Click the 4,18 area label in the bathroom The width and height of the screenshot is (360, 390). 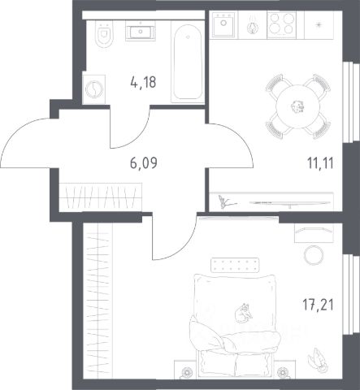pos(143,82)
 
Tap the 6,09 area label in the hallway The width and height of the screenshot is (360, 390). pos(144,163)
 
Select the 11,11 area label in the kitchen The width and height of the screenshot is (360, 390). pos(320,163)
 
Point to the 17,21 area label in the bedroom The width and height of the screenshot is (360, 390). pos(318,305)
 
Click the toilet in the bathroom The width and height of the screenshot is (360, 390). pos(104,33)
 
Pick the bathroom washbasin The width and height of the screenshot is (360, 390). pos(141,32)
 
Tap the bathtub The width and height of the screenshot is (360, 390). pos(188,62)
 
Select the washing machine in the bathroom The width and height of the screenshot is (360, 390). pos(94,89)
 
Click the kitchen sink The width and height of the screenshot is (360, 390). pos(223,24)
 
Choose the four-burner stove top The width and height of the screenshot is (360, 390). pos(281,24)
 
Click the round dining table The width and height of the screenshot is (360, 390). pos(297,106)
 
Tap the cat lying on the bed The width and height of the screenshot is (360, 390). pos(243,314)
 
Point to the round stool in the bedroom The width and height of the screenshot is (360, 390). pos(314,254)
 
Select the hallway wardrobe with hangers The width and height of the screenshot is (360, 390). pos(101,197)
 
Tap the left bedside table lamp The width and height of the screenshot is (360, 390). pos(186,371)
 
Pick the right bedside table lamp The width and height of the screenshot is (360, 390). pos(283,371)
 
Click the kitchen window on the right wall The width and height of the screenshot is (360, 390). pos(351,102)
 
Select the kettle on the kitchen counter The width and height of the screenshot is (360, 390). pos(253,27)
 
